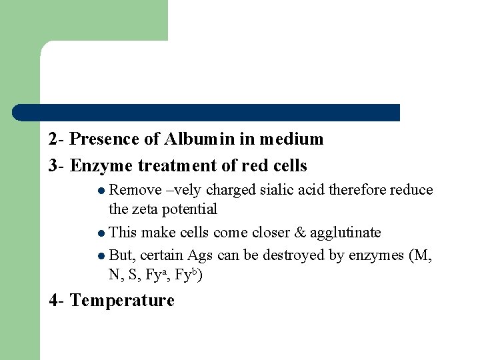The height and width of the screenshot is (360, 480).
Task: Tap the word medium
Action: [291, 139]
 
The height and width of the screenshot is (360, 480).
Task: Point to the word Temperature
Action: [122, 301]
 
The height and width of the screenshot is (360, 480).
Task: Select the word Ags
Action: [201, 256]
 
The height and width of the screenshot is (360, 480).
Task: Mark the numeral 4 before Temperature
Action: [53, 301]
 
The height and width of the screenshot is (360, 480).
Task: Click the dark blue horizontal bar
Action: [207, 113]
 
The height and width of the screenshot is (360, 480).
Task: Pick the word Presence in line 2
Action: [100, 139]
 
